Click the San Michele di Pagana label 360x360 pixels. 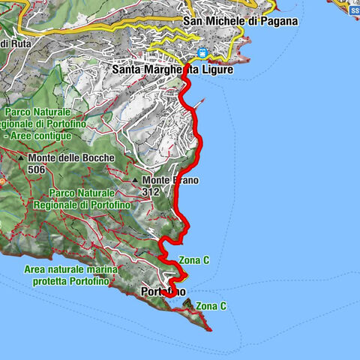pyautogui.click(x=240, y=21)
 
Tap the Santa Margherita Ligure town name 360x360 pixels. pyautogui.click(x=172, y=70)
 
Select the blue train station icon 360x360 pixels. pyautogui.click(x=202, y=53)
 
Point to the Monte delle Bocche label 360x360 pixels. pyautogui.click(x=64, y=159)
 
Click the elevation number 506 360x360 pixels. pyautogui.click(x=35, y=169)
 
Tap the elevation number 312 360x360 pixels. pyautogui.click(x=151, y=191)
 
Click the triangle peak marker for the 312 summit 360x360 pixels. pyautogui.click(x=136, y=181)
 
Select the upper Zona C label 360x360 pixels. pyautogui.click(x=194, y=259)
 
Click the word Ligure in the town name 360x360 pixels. pyautogui.click(x=214, y=70)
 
